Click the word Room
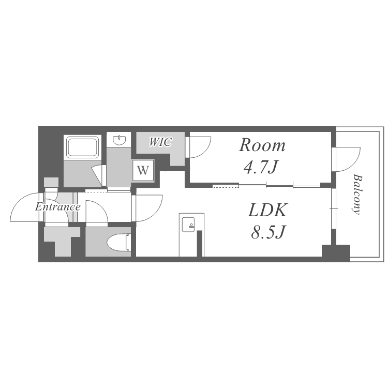pyautogui.click(x=262, y=145)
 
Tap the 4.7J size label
pyautogui.click(x=261, y=168)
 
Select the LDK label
pyautogui.click(x=267, y=211)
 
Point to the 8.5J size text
pyautogui.click(x=268, y=233)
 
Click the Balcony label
pyautogui.click(x=357, y=194)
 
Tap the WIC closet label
pyautogui.click(x=160, y=142)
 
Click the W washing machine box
pyautogui.click(x=143, y=170)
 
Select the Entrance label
pyautogui.click(x=57, y=207)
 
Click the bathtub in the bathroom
pyautogui.click(x=83, y=147)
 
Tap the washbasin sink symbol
pyautogui.click(x=120, y=140)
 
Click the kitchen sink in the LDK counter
pyautogui.click(x=188, y=225)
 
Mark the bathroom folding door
pyautogui.click(x=98, y=175)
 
